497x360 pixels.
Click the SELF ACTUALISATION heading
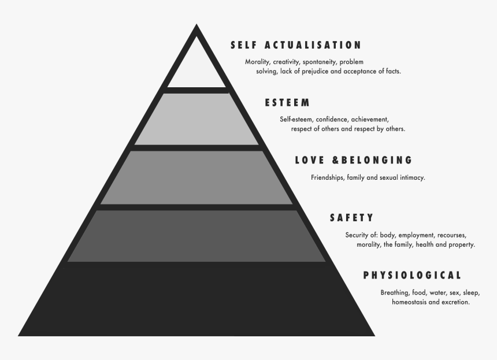295,45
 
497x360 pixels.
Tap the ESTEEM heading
287,103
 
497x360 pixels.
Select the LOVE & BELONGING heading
354,160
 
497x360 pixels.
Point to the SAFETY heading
351,218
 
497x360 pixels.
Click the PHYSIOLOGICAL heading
412,275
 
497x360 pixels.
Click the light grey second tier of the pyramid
196,118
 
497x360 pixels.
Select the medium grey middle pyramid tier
196,177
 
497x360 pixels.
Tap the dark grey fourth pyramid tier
196,235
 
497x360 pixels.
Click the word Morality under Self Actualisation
258,62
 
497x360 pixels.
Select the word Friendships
327,177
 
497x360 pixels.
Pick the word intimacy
411,177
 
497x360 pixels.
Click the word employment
415,235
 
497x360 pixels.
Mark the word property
461,244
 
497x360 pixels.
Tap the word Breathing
395,292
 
